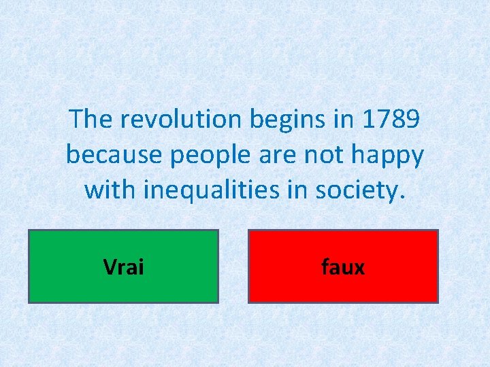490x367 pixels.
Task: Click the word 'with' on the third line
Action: (109, 190)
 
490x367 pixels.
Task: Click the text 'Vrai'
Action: (123, 267)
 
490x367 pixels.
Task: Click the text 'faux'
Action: (343, 267)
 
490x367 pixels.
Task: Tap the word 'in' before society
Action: (291, 190)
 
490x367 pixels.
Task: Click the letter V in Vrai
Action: (110, 267)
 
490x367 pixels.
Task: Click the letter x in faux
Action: (359, 268)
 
